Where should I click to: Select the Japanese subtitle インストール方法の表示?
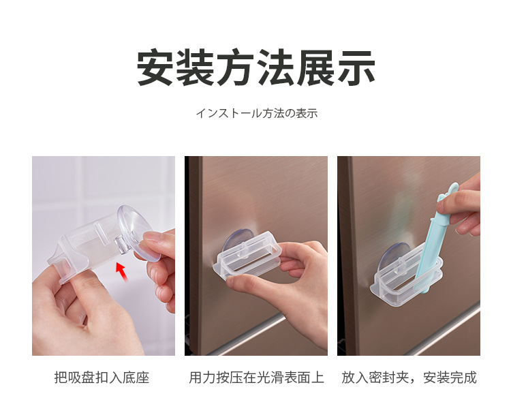pos(256,113)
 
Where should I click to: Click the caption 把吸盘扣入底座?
pos(102,377)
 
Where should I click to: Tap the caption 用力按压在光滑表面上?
pos(256,377)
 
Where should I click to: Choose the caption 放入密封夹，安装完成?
pos(409,377)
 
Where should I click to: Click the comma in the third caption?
pos(416,379)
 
